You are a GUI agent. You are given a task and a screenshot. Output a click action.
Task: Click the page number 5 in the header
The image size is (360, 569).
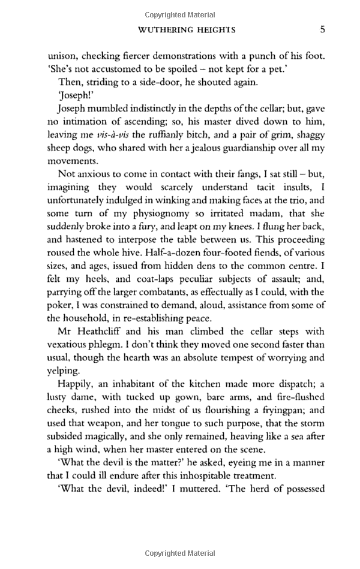322,29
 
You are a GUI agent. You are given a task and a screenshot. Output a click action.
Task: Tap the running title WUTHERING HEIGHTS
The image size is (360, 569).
187,29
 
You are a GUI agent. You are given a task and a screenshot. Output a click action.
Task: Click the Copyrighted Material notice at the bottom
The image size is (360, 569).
179,554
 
